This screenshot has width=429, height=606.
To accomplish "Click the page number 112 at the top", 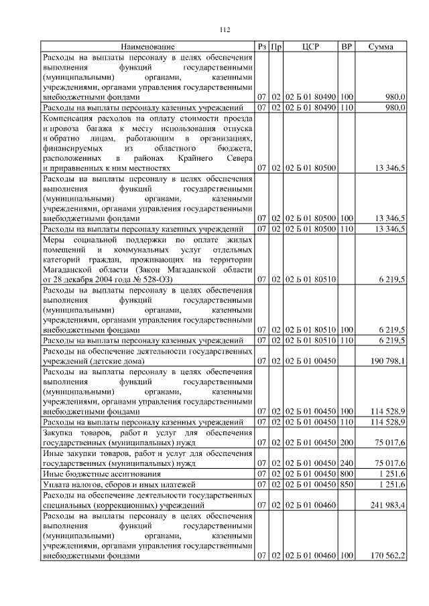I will point(225,29).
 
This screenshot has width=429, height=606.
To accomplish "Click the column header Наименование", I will point(148,47).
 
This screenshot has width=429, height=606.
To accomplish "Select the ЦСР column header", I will point(310,47).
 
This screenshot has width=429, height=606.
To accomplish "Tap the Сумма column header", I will point(381,47).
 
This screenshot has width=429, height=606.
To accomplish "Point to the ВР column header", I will point(347,47).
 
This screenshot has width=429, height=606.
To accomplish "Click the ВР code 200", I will point(347,442).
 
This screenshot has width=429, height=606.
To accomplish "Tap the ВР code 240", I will point(347,463).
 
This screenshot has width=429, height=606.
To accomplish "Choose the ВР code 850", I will point(347,483).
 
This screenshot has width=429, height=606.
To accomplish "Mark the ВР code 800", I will point(347,473).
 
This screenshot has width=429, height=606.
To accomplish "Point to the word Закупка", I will point(58,432).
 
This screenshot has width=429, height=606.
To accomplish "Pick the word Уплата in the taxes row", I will point(57,483).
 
